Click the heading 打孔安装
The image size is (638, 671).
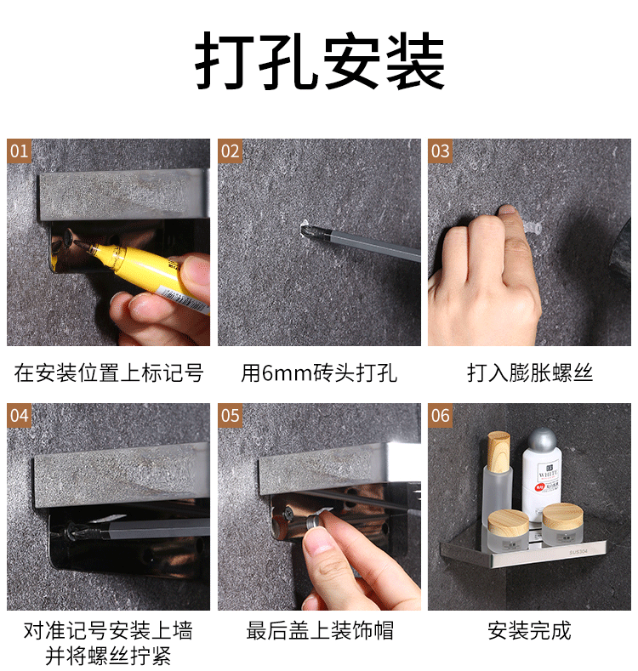[x=320, y=60]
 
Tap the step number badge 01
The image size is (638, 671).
[x=19, y=151]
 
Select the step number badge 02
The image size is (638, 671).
[x=230, y=151]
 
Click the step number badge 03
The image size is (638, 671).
[x=440, y=151]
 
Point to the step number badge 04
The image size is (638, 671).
[x=19, y=416]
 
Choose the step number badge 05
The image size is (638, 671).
[x=230, y=416]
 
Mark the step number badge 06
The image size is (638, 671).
[x=440, y=416]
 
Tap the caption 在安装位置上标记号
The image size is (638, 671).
[x=108, y=372]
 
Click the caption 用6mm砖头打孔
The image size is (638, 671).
[x=319, y=372]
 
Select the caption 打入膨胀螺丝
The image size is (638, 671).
[x=530, y=372]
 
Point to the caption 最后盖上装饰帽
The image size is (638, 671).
[x=320, y=630]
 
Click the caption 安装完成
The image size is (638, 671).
[x=530, y=630]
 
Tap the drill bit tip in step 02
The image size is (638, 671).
[x=306, y=230]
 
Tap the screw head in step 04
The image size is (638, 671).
[x=70, y=531]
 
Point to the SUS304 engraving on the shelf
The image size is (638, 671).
[x=578, y=553]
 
